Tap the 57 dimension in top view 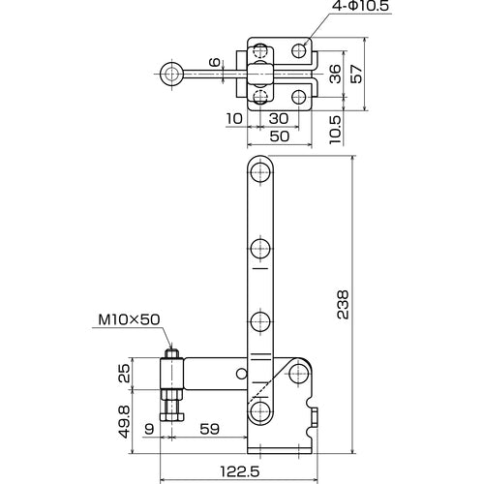355,75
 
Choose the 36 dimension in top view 333,74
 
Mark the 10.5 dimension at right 333,125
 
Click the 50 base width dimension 279,136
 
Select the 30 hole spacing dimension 279,118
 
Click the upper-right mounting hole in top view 300,49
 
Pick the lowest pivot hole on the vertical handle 259,413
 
